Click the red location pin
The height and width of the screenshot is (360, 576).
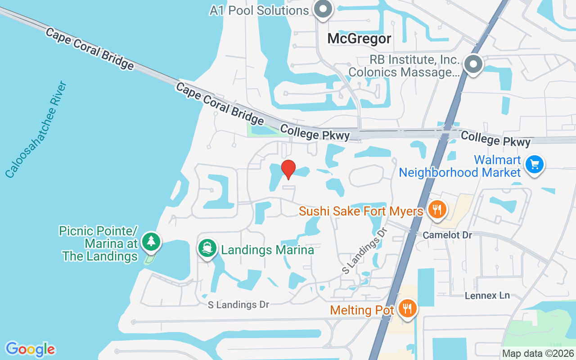click(x=288, y=169)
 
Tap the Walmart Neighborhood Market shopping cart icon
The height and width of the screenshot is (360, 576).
click(x=534, y=165)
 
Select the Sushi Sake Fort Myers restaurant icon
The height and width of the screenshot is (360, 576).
click(x=436, y=209)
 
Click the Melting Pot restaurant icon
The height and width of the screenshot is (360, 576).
click(x=408, y=309)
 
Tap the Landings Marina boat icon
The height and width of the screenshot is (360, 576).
click(x=207, y=248)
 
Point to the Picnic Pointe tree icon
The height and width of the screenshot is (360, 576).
click(x=151, y=242)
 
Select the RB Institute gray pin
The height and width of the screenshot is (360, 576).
click(x=473, y=64)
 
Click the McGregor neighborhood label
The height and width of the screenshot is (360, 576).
click(x=359, y=39)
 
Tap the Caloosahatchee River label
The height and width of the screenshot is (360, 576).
click(x=36, y=130)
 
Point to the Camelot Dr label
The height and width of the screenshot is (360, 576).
click(x=447, y=235)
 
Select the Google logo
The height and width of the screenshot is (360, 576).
click(x=30, y=349)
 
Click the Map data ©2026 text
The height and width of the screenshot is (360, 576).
click(x=537, y=354)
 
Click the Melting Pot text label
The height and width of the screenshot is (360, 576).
click(x=362, y=310)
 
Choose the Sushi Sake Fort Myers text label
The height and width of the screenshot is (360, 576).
click(x=361, y=211)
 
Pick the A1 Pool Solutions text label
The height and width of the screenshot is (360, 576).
click(x=259, y=10)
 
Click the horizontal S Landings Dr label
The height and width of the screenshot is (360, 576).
click(x=238, y=305)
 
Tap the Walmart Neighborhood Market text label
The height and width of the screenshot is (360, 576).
click(x=459, y=166)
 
